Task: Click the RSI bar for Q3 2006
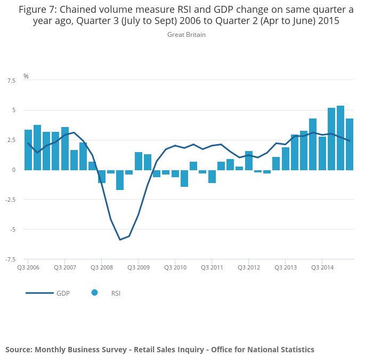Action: (x=28, y=150)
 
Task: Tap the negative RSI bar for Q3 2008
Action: (x=102, y=176)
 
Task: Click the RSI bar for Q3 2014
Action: (x=322, y=153)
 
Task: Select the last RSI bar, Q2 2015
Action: (x=350, y=144)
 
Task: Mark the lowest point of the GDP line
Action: (x=120, y=240)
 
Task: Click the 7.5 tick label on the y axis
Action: (x=11, y=81)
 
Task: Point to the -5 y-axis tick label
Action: (x=12, y=230)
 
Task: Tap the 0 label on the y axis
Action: (x=14, y=170)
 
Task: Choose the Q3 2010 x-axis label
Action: (x=175, y=267)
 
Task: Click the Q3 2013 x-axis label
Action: (x=286, y=267)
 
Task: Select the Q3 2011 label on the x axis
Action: (x=212, y=267)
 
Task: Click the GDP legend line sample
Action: (x=39, y=293)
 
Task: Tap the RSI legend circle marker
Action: (x=94, y=292)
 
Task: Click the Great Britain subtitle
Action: (x=186, y=35)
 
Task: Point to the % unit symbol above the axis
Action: (x=26, y=76)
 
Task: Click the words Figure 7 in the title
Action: (x=37, y=9)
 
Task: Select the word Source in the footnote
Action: (x=18, y=350)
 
